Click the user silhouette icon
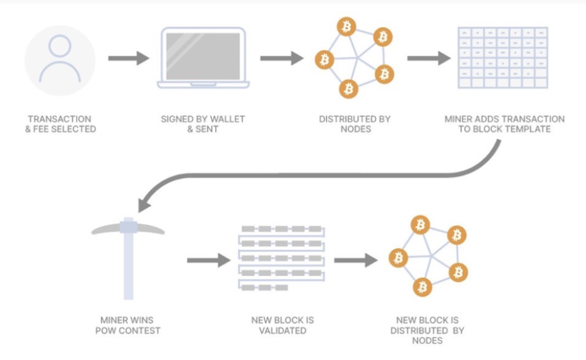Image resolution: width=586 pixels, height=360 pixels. click(60, 60)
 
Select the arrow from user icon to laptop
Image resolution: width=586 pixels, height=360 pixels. click(129, 59)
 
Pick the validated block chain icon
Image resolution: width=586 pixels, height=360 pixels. click(281, 259)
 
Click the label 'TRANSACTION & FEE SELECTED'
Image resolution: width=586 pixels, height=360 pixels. click(60, 123)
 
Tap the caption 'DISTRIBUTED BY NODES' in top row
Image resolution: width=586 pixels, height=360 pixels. click(354, 123)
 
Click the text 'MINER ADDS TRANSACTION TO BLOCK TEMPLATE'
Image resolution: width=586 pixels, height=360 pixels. click(504, 123)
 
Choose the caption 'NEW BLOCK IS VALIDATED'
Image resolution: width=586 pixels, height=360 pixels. click(282, 325)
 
